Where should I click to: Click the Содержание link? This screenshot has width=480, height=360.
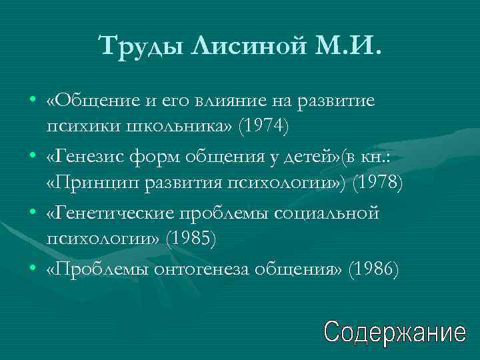pos(395,331)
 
